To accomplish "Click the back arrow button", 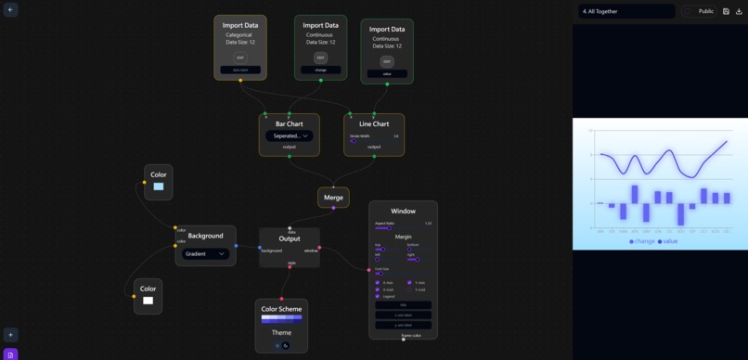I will (x=10, y=9).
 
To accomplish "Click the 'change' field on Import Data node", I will (x=320, y=70).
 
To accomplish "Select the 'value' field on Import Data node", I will (x=387, y=73).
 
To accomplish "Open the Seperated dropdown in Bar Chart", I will (x=289, y=135).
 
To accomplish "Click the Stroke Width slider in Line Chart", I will (x=354, y=141).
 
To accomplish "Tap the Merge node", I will (x=333, y=197).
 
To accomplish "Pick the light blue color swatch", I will (x=159, y=186).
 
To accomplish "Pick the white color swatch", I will (x=148, y=300).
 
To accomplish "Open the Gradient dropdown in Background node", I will (x=205, y=253).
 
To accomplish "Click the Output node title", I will (x=290, y=238).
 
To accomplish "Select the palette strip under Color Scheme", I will (x=281, y=319).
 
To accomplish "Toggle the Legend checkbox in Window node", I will (x=378, y=297).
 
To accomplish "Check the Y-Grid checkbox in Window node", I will (x=409, y=289).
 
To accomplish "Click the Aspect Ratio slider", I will (x=382, y=228).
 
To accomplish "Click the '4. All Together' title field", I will (x=626, y=11).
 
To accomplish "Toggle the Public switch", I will (x=688, y=11).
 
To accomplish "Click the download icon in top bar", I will (x=740, y=11).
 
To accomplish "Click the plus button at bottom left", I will (x=10, y=335).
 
